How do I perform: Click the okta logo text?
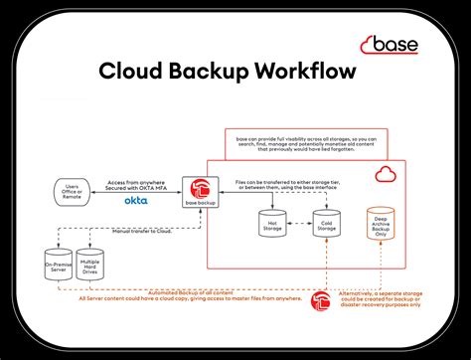pyautogui.click(x=136, y=201)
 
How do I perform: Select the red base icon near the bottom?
pyautogui.click(x=320, y=300)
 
